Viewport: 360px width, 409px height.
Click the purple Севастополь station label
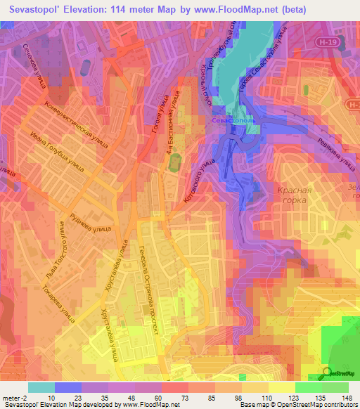click(236, 120)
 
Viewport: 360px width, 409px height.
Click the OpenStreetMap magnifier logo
click(328, 373)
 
